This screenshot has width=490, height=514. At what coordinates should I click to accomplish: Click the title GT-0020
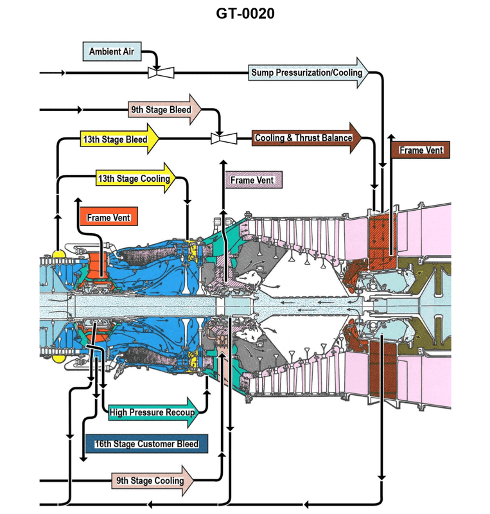[x=245, y=13]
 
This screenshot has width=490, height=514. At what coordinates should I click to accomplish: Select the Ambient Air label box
[x=112, y=51]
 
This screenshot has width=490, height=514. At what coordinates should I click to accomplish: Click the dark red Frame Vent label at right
[x=421, y=150]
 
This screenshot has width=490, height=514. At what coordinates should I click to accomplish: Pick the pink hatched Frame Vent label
[x=252, y=180]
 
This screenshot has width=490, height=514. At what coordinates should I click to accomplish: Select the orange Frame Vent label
[x=109, y=218]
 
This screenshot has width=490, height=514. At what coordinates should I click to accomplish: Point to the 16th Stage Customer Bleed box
[x=146, y=444]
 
